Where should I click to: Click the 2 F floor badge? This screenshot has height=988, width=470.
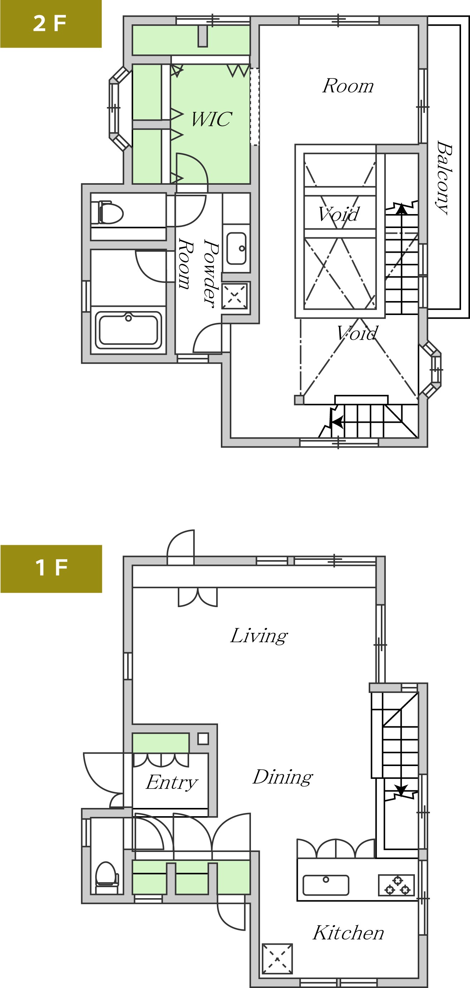pos(50,24)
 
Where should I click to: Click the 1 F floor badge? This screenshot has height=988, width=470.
pos(51,568)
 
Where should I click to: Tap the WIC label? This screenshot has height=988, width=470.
pos(212,119)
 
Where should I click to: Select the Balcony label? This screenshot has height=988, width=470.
pos(444,178)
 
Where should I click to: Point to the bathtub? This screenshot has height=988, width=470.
pos(128,329)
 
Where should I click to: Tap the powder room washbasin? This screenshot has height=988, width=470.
pos(236,248)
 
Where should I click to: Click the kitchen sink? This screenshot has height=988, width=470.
pos(326,885)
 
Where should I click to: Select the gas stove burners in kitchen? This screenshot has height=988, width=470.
pos(397,885)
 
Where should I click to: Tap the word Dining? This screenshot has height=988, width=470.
pos(283,778)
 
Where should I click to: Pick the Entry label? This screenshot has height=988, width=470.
pos(171,783)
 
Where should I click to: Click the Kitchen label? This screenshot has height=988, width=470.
pos(348,933)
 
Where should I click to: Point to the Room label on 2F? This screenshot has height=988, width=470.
pos(348,86)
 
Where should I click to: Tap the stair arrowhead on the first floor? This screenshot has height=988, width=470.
pos(401,790)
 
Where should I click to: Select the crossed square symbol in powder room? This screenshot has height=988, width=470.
pos(234,296)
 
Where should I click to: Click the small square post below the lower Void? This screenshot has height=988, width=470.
pos(299,400)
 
